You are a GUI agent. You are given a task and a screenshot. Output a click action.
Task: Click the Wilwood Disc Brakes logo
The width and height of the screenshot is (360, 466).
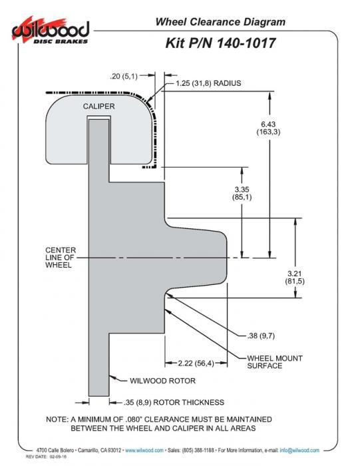click(51, 31)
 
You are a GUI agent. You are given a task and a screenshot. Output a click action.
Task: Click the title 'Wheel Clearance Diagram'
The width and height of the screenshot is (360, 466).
click(220, 22)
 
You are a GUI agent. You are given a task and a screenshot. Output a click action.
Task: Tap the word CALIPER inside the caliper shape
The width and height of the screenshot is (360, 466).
click(98, 107)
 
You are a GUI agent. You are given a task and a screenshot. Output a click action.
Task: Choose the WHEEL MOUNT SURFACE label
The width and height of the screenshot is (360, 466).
click(275, 362)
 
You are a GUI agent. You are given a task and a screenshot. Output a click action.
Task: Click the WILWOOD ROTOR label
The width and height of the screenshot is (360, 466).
click(163, 381)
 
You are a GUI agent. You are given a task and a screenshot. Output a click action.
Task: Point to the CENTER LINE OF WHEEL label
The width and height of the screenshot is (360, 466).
click(61, 258)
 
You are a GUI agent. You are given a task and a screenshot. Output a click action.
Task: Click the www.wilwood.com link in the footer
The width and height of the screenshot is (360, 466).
click(144, 450)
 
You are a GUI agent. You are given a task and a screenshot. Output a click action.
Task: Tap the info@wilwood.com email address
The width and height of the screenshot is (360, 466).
click(299, 450)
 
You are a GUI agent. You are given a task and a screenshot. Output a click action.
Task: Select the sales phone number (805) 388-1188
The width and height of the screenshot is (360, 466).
click(198, 450)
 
